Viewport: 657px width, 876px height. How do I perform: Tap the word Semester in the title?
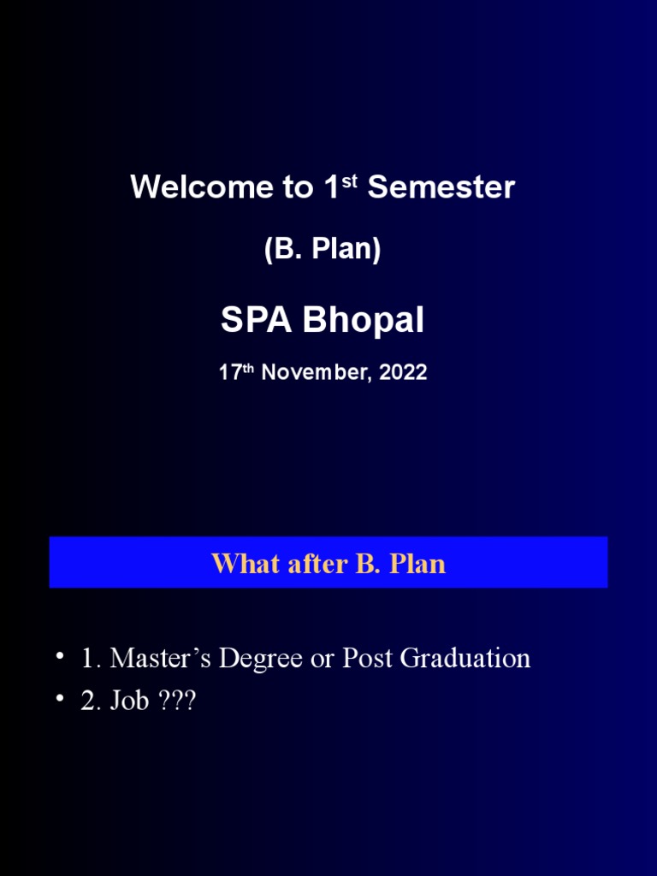pos(441,187)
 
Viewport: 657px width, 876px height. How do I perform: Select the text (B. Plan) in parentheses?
pos(323,249)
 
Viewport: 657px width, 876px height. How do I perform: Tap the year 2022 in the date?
pos(401,373)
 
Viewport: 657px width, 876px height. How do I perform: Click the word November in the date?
pos(314,373)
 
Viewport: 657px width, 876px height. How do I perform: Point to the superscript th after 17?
pos(250,369)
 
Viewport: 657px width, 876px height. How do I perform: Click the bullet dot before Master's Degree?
pos(60,657)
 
